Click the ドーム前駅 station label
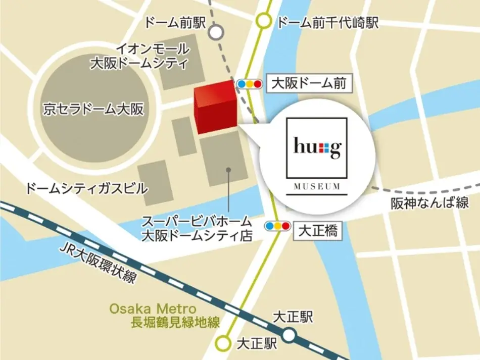click(x=175, y=23)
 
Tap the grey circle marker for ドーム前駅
click(x=216, y=33)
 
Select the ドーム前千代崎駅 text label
click(x=328, y=23)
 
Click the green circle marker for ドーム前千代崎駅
click(x=264, y=22)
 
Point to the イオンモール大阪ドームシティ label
click(x=138, y=56)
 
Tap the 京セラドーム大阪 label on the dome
click(x=93, y=110)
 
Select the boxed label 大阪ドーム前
click(x=308, y=83)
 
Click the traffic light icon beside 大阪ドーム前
click(x=250, y=84)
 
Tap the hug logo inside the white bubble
click(x=317, y=148)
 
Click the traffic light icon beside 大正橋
click(x=278, y=226)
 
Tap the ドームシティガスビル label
click(x=86, y=189)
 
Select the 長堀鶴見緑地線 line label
click(x=175, y=323)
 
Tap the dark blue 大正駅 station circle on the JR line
click(x=289, y=335)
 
